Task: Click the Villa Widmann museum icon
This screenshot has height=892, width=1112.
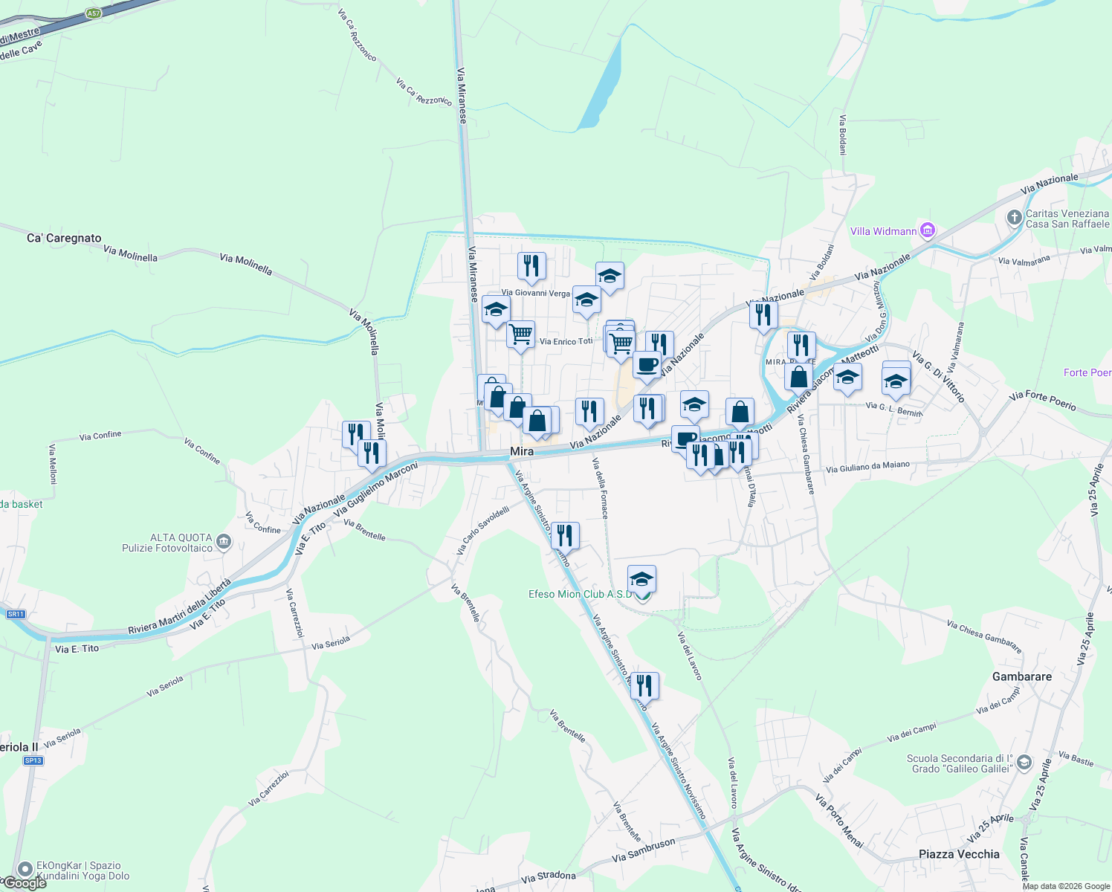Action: [x=927, y=230]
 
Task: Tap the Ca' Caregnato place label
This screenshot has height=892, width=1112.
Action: [x=64, y=239]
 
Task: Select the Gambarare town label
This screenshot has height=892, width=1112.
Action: [x=1022, y=676]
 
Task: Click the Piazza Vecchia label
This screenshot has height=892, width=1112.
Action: [x=959, y=854]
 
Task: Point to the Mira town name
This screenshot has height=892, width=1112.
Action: [x=522, y=451]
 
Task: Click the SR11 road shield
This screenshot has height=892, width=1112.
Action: [x=16, y=614]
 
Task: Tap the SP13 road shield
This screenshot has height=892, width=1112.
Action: [x=33, y=760]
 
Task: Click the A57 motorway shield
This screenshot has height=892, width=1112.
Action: [x=93, y=13]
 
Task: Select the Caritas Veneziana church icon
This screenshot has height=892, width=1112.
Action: [x=1015, y=218]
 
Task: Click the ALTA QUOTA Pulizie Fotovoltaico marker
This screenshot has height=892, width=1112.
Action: [x=224, y=543]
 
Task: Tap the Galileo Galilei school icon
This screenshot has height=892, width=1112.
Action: [x=1024, y=763]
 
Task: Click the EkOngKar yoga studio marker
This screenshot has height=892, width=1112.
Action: [x=25, y=869]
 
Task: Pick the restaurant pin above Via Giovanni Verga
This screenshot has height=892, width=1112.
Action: [x=531, y=265]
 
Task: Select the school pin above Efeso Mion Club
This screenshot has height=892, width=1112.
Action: [x=641, y=578]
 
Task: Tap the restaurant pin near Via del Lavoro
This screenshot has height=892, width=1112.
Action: [x=644, y=685]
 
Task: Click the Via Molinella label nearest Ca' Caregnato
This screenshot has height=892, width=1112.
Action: [x=131, y=254]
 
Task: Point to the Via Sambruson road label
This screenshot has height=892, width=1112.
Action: [x=644, y=850]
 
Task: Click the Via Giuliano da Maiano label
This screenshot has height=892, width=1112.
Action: [x=867, y=467]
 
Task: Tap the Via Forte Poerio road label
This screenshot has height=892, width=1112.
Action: [x=1042, y=401]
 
